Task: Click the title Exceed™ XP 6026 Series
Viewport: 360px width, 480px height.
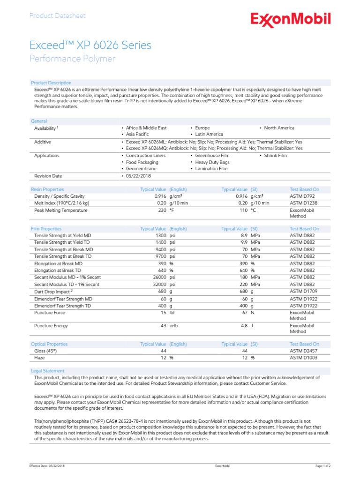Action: [90, 45]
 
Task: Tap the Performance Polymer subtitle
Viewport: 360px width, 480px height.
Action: [72, 59]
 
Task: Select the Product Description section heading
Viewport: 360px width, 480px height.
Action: [51, 83]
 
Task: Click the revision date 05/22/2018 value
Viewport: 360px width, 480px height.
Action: [139, 176]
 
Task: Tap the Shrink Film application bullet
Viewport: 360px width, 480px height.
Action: [275, 156]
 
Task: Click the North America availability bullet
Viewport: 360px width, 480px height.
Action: [279, 128]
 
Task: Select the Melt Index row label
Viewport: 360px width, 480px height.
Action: [61, 203]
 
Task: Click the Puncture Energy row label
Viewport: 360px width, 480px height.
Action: [51, 326]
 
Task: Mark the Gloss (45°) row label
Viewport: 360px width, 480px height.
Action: [46, 351]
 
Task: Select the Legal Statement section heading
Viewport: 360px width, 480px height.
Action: [47, 371]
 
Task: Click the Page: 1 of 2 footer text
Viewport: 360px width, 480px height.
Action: [323, 466]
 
